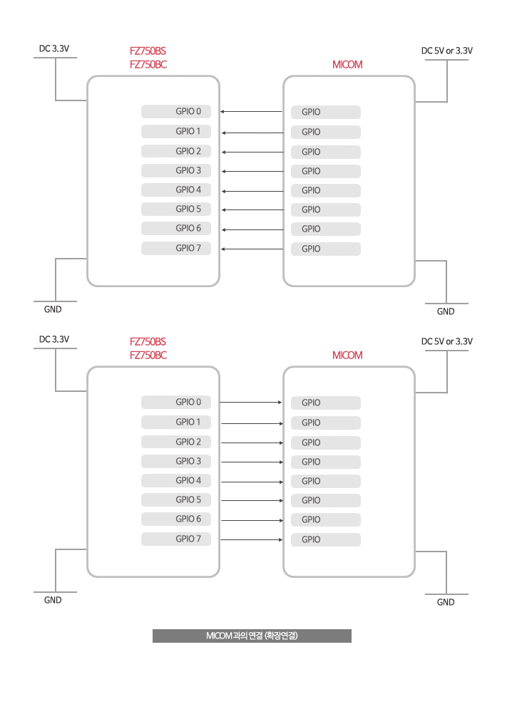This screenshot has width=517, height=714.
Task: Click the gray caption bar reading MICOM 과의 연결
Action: pos(252,636)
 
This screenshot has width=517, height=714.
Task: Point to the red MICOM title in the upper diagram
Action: pos(347,65)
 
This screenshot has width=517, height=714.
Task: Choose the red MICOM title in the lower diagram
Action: pos(347,355)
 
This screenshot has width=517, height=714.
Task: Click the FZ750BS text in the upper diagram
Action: pos(148,51)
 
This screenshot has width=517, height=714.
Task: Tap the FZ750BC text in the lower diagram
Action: pos(148,355)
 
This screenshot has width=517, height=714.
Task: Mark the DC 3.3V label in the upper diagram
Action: pos(54,48)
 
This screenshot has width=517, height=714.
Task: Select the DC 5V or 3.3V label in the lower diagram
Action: pos(447,341)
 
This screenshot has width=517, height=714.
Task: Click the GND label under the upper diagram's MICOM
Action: pos(446,311)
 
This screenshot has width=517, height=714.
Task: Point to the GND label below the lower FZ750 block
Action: pos(53,600)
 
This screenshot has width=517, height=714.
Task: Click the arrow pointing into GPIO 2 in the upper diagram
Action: pos(253,152)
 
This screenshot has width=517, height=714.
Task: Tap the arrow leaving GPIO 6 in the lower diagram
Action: pos(252,520)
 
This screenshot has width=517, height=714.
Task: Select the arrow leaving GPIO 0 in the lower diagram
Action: pos(251,402)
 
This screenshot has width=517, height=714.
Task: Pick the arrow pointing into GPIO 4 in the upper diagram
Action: pos(253,191)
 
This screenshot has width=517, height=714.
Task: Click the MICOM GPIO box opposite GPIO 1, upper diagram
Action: pos(326,132)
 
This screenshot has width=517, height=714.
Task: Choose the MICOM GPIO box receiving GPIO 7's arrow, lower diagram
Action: pos(326,539)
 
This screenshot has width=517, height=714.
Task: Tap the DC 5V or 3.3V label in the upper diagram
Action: pos(447,51)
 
